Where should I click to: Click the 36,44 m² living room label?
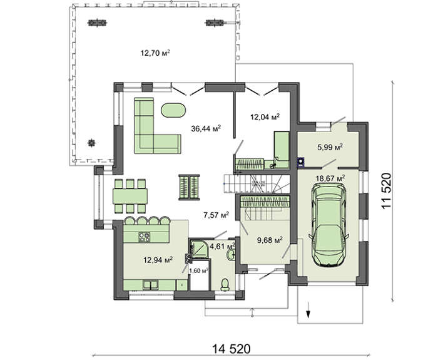pyautogui.click(x=206, y=128)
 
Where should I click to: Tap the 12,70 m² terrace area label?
pyautogui.click(x=155, y=53)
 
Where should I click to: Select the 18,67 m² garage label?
pyautogui.click(x=330, y=178)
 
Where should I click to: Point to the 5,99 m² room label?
pyautogui.click(x=330, y=147)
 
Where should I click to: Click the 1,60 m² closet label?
pyautogui.click(x=199, y=270)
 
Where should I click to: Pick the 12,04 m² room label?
pyautogui.click(x=265, y=117)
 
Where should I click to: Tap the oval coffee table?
pyautogui.click(x=173, y=110)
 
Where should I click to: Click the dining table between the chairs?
pyautogui.click(x=130, y=196)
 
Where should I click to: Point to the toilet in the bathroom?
pyautogui.click(x=225, y=284)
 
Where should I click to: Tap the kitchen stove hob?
pyautogui.click(x=145, y=237)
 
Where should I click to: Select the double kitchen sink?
pyautogui.click(x=151, y=285)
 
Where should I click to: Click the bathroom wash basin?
pyautogui.click(x=232, y=255)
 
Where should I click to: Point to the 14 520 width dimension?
pyautogui.click(x=232, y=349)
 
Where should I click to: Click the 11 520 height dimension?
pyautogui.click(x=387, y=191)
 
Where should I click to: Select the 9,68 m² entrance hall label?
pyautogui.click(x=269, y=240)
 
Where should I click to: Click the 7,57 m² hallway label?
pyautogui.click(x=216, y=215)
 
